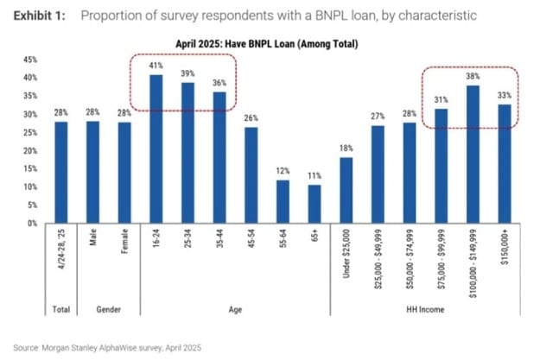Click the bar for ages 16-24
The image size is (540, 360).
click(x=156, y=149)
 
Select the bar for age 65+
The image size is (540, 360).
click(x=314, y=204)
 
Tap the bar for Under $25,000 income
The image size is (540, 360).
click(x=346, y=190)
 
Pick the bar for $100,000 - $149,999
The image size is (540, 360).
click(x=473, y=155)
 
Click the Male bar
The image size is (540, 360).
click(x=92, y=173)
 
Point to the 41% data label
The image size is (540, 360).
click(x=156, y=66)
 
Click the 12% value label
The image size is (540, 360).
click(x=283, y=171)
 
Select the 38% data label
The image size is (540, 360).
click(x=473, y=76)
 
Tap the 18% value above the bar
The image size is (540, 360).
click(x=346, y=148)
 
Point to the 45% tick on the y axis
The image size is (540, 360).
click(x=30, y=60)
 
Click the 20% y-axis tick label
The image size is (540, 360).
click(x=30, y=151)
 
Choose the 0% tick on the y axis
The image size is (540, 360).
click(x=32, y=224)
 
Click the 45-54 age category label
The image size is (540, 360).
click(x=251, y=237)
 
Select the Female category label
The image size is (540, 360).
click(x=124, y=241)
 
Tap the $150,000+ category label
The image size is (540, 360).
click(x=505, y=247)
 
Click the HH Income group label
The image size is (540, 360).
click(x=425, y=309)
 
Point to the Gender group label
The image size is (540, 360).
click(x=109, y=309)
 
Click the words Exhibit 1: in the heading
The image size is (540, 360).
click(x=39, y=16)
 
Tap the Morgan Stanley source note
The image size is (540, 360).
click(x=107, y=348)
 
